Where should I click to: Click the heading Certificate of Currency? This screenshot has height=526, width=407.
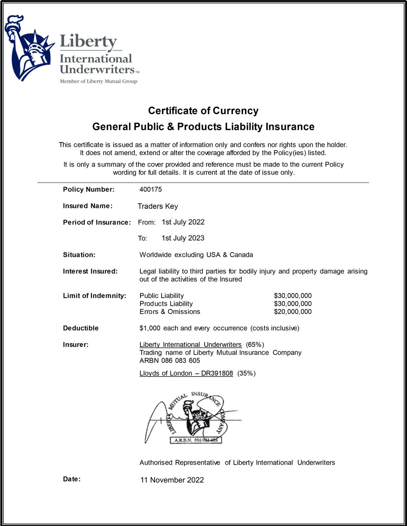(203, 111)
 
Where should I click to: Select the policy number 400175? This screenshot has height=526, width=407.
(151, 189)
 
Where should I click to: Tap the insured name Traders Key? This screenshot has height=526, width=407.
(158, 206)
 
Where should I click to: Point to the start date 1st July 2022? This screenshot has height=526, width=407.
(183, 222)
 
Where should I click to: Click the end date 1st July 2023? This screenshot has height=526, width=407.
(183, 238)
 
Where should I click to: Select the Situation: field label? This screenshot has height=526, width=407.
(79, 255)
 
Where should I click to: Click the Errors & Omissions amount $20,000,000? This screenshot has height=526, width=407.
(293, 312)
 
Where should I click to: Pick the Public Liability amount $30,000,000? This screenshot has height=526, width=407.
(293, 296)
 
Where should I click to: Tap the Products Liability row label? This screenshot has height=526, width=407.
(166, 304)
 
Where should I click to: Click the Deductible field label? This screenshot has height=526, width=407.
(81, 328)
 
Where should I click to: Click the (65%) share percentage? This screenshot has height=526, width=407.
(255, 345)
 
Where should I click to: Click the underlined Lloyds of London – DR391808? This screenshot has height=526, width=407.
(186, 373)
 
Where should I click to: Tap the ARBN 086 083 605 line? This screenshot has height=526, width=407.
(170, 361)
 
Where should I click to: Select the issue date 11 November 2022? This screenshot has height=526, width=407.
(172, 480)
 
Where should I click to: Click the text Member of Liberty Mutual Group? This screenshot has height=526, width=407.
(98, 81)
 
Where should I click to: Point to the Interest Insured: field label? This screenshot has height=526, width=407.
(90, 271)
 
